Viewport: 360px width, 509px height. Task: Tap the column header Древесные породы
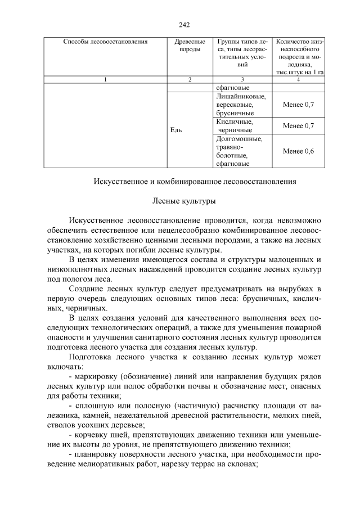pos(190,46)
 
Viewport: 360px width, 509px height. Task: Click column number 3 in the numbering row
pos(242,79)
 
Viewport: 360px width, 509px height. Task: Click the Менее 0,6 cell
pos(298,151)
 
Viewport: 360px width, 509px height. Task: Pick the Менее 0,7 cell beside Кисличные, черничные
pos(298,125)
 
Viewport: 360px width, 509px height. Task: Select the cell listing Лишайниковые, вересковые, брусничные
pos(237,105)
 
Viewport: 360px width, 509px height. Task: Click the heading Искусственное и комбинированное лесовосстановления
pos(194,182)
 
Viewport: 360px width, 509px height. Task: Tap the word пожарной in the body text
pos(304,327)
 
